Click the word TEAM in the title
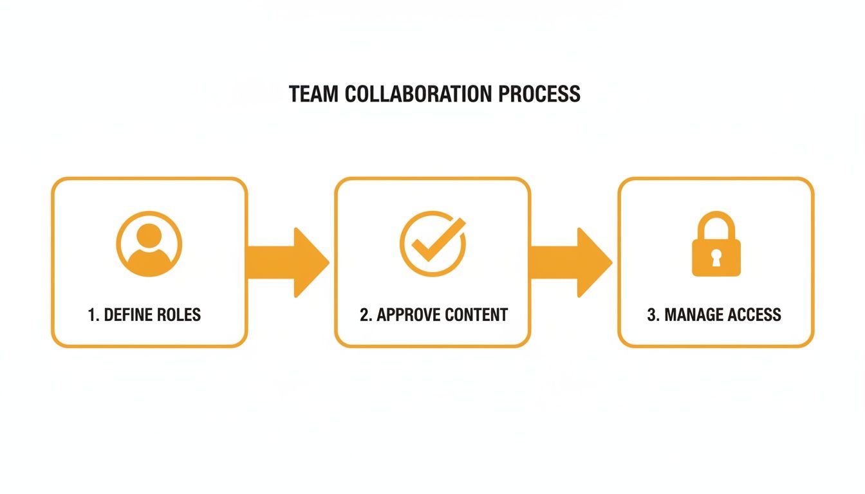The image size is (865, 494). tap(314, 94)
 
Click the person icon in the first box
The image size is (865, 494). tap(149, 245)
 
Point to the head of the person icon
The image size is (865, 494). tap(149, 235)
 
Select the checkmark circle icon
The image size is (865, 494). tap(432, 244)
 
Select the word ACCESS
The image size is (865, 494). tap(756, 315)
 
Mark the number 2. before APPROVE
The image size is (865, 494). tap(366, 315)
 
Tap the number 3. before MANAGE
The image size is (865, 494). tap(653, 315)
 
